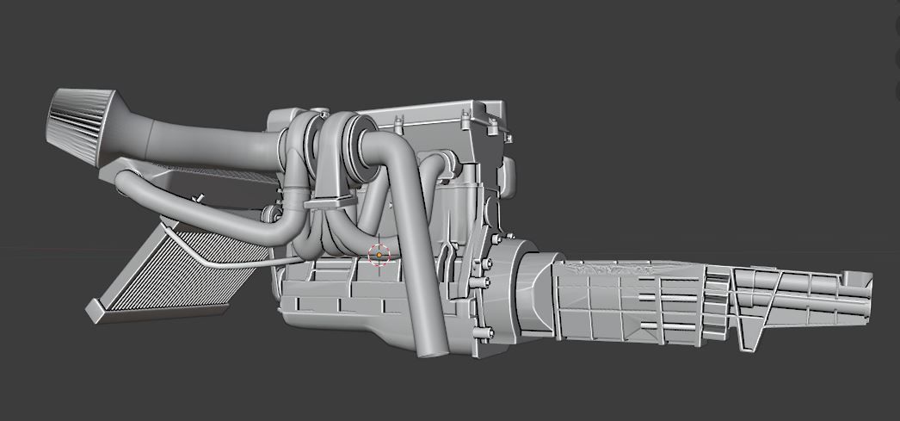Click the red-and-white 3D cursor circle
pos(379,255)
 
